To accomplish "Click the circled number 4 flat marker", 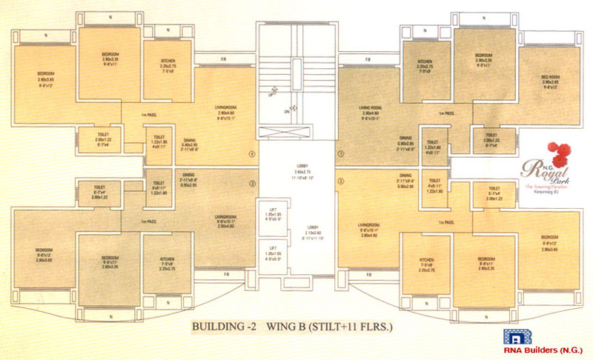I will (252, 154).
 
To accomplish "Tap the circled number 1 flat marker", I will (340, 154).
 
